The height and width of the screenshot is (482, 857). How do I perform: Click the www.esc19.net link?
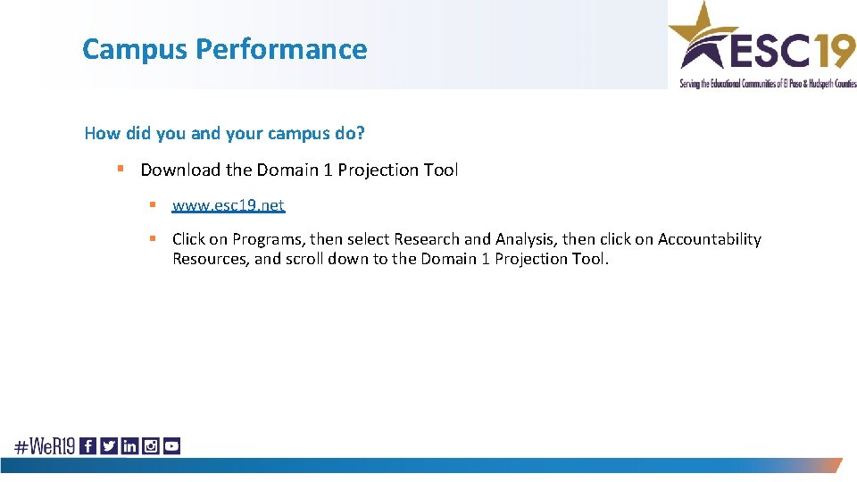[x=228, y=205]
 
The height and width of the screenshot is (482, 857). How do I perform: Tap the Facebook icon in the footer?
[x=87, y=446]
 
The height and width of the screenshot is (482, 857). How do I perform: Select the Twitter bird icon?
[x=109, y=446]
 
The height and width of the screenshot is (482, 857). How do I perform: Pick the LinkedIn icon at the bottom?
[x=129, y=446]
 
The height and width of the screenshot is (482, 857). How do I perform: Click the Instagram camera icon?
[x=151, y=446]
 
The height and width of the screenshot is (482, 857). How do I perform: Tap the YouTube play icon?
[x=171, y=446]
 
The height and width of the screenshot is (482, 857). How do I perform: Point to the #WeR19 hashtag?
[x=44, y=446]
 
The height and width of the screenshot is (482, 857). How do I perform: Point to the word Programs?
[x=268, y=239]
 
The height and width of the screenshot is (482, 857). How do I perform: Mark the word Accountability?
[x=710, y=239]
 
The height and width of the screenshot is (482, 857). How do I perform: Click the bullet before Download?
[x=119, y=170]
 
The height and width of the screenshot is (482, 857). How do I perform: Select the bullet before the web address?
[x=153, y=205]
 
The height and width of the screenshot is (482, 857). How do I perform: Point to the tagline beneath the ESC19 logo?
[x=766, y=83]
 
